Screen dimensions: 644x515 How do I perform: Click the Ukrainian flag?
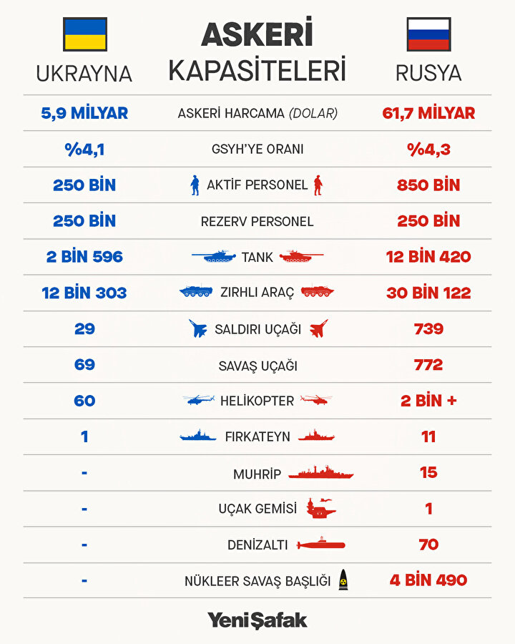point(85,34)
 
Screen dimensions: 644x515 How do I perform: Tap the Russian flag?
point(428,34)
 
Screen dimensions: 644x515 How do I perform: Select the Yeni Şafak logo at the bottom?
point(257,620)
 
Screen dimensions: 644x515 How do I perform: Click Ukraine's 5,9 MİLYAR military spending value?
point(85,113)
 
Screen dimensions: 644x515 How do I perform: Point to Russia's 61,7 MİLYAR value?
point(428,113)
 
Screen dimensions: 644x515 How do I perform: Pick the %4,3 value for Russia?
point(428,150)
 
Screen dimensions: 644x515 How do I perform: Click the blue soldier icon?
point(195,185)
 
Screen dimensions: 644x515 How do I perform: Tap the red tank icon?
point(301,256)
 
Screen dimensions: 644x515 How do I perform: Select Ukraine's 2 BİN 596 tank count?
point(85,257)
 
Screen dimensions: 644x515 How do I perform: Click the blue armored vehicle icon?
point(195,292)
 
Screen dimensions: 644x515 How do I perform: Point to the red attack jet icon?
point(318,329)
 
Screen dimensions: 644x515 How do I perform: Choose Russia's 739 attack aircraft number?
point(428,329)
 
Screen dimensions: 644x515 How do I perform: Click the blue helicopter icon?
point(198,401)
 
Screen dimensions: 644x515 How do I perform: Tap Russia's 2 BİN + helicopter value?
point(428,401)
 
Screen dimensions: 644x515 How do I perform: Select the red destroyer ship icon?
point(320,473)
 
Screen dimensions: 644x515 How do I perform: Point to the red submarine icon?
point(320,545)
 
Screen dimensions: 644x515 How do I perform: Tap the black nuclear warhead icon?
point(343,580)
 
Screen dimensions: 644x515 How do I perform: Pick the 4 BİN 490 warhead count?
point(428,580)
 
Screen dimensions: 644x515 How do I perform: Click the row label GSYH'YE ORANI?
point(257,150)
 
